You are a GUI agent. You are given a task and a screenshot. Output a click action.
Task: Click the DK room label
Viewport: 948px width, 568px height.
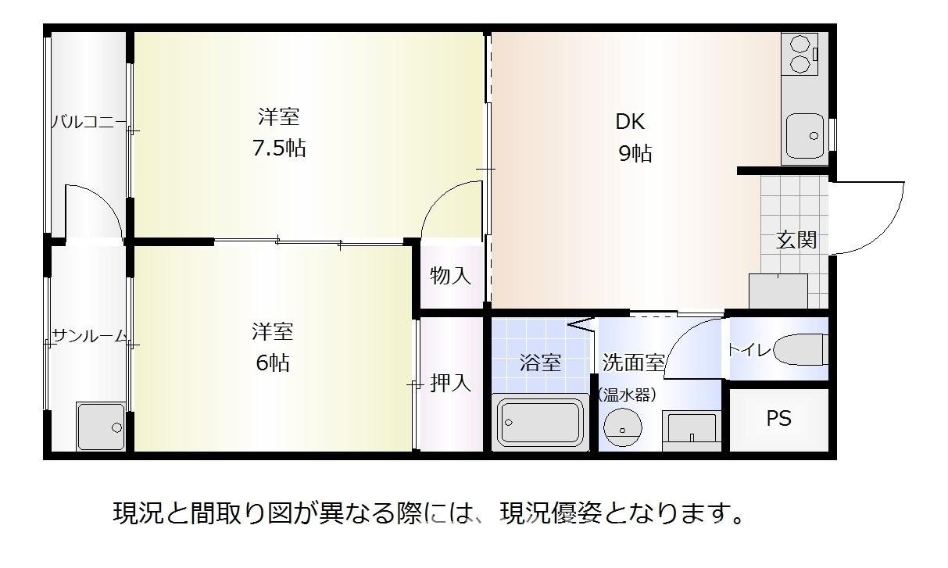[x=630, y=121]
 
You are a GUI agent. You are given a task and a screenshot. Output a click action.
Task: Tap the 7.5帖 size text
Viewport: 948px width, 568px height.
[x=279, y=148]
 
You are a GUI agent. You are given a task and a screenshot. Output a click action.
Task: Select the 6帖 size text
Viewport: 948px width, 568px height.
[x=273, y=363]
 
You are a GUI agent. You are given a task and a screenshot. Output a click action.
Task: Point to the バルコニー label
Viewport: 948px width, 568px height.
[x=89, y=122]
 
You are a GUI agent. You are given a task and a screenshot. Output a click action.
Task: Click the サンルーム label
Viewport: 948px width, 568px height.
[x=89, y=336]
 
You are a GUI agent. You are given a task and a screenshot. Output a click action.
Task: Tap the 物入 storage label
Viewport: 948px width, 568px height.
[x=450, y=276]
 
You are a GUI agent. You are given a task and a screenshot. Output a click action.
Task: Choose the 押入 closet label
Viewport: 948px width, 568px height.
[x=450, y=383]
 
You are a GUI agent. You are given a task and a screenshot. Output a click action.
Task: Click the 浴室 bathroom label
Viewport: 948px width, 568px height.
[x=541, y=363]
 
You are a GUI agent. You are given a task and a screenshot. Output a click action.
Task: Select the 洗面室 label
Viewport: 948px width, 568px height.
[x=633, y=362]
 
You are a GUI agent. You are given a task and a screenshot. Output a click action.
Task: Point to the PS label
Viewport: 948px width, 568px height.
[x=778, y=418]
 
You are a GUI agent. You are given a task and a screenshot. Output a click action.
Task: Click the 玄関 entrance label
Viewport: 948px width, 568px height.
[x=796, y=240]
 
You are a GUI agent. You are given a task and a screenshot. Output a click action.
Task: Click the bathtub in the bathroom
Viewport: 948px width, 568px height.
[x=539, y=423]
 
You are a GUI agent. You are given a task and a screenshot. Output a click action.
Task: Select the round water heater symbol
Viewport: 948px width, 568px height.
[x=623, y=427]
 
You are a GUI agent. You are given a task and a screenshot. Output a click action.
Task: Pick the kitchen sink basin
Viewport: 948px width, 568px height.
[x=805, y=136]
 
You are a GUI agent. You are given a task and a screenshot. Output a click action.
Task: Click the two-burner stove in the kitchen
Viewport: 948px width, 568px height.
[x=800, y=54]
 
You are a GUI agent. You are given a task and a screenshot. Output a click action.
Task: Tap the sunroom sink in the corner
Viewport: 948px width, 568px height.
[x=101, y=426]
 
